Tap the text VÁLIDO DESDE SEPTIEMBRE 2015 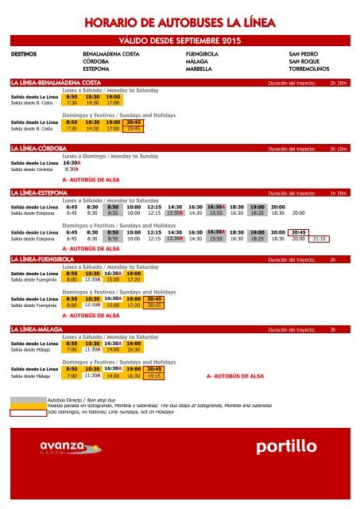coord(180,40)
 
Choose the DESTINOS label coord(24,52)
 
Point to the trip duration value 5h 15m coord(339,149)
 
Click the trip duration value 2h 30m coord(339,82)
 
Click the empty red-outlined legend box coord(27,412)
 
